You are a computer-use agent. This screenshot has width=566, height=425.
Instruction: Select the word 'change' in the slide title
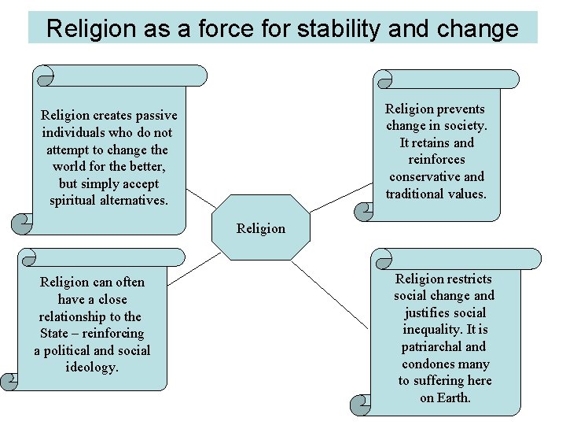click(x=479, y=29)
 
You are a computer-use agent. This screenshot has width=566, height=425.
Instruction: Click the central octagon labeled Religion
click(x=260, y=227)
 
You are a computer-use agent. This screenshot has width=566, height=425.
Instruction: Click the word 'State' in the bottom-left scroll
click(x=55, y=333)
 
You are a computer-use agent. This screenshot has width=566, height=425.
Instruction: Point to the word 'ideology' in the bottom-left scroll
click(x=91, y=367)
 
